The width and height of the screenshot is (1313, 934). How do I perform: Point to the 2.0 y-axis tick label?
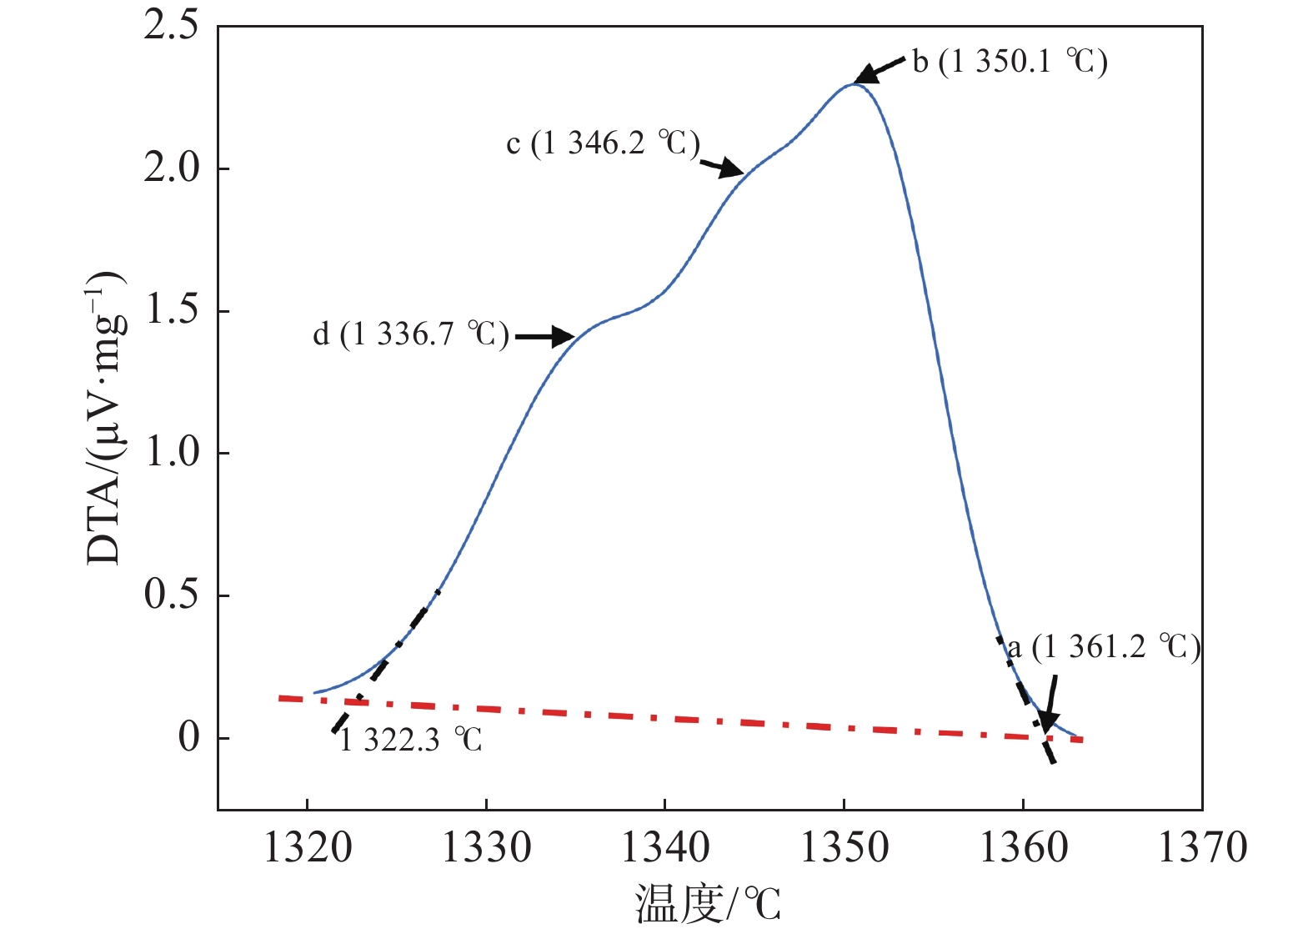click(171, 168)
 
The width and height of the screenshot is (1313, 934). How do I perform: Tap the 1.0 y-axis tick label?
click(171, 453)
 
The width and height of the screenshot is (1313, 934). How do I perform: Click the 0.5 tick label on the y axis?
click(171, 595)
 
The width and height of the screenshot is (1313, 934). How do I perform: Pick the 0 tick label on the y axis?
click(189, 738)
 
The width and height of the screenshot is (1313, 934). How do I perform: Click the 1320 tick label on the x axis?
click(308, 848)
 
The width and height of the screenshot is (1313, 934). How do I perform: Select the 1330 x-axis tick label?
click(486, 848)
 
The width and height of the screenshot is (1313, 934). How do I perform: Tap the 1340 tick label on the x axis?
click(665, 848)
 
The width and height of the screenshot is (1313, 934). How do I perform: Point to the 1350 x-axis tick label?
click(844, 848)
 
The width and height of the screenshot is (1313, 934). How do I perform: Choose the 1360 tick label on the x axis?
click(1023, 848)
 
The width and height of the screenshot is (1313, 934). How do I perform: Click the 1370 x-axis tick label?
click(1202, 848)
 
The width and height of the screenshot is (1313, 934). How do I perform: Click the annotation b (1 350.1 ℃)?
click(1010, 62)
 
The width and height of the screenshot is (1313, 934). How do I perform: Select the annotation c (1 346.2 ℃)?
click(603, 143)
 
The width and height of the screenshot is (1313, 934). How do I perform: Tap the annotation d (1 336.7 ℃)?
click(410, 334)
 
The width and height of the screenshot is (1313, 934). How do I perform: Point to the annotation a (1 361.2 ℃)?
click(1104, 647)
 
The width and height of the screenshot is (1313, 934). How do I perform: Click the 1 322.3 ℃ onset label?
click(410, 740)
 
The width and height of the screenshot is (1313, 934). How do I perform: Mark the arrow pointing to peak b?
click(879, 71)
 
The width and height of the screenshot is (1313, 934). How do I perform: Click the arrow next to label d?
click(544, 337)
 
